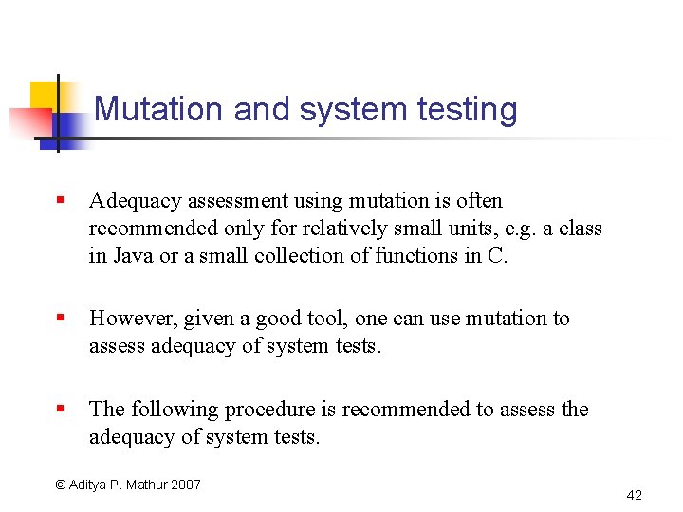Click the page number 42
coord(635,495)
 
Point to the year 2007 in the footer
coord(186,485)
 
